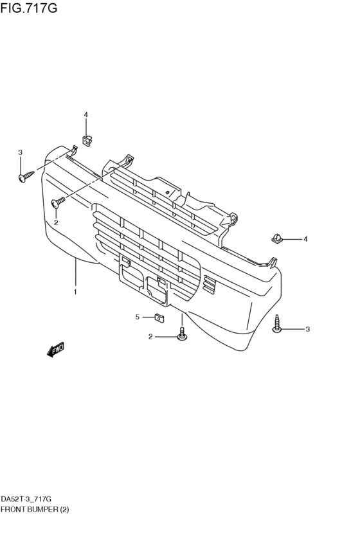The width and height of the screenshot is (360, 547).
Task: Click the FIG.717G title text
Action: tap(28, 8)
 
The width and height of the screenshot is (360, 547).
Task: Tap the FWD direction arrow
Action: tap(55, 350)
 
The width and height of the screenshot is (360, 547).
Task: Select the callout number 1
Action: tap(75, 292)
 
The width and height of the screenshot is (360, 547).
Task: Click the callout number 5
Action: tap(138, 317)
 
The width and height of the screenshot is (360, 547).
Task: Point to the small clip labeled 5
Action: tap(159, 318)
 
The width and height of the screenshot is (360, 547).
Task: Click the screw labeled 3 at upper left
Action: tap(26, 176)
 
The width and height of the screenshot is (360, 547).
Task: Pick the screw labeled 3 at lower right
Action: tap(277, 324)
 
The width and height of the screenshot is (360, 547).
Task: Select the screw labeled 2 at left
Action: tap(59, 202)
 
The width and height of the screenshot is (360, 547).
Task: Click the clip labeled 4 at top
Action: tap(86, 141)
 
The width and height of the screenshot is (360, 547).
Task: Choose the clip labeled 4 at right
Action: tap(276, 239)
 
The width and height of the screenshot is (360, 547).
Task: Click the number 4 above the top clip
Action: tap(86, 114)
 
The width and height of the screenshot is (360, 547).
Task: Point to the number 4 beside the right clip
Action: tap(305, 239)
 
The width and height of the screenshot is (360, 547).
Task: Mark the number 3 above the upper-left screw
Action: tap(20, 152)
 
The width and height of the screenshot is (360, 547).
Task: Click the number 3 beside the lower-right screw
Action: tap(307, 329)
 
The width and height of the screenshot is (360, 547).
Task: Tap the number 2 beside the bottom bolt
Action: tap(150, 337)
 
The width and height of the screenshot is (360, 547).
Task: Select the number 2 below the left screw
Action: tap(56, 222)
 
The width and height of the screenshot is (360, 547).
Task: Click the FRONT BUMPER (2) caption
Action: tap(35, 509)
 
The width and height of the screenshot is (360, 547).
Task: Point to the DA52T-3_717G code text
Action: tap(26, 499)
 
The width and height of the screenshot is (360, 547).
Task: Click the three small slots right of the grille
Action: tap(208, 283)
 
